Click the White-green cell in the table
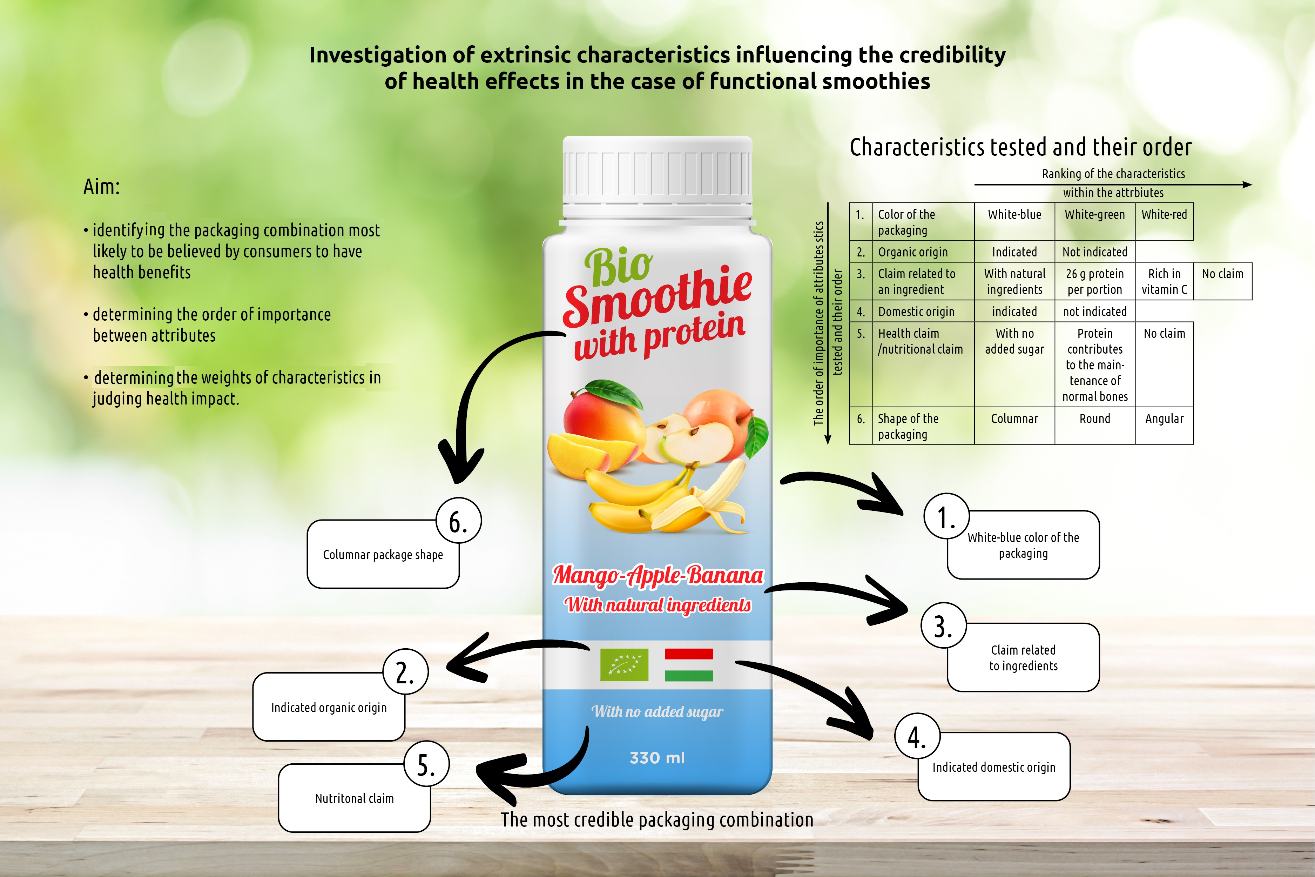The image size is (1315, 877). click(x=1094, y=215)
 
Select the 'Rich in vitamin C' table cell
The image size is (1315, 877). click(x=1164, y=281)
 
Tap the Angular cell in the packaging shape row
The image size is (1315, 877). click(x=1164, y=419)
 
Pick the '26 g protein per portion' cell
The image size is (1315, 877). click(x=1094, y=281)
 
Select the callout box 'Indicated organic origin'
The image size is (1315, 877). click(x=329, y=708)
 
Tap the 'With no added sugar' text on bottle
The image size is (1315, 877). click(x=657, y=711)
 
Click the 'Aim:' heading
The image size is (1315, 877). click(x=102, y=187)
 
